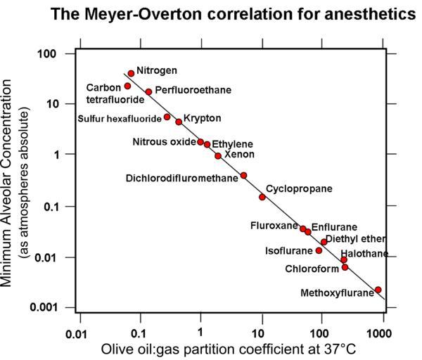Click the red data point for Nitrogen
point(131,73)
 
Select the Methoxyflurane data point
point(378,290)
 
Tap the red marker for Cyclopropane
point(262,197)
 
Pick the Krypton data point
point(179,122)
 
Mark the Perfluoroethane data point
point(148,91)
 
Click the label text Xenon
point(239,154)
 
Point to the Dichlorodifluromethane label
point(182,178)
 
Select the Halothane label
point(364,253)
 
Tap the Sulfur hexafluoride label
point(120,118)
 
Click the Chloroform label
point(312,269)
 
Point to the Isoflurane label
point(288,250)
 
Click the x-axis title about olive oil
point(228,349)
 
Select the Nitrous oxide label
point(164,142)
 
